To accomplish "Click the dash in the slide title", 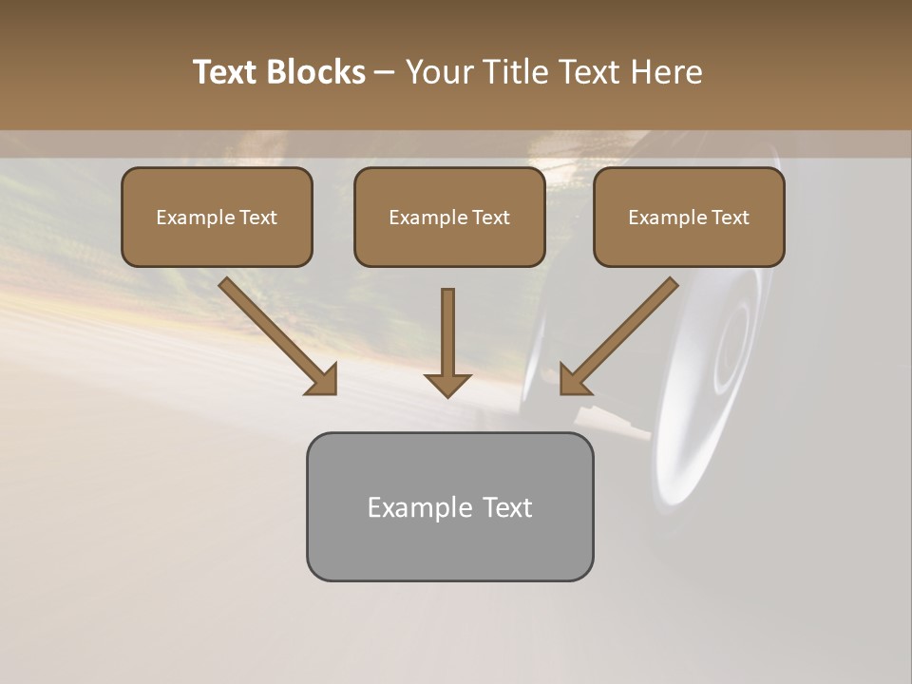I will (385, 73).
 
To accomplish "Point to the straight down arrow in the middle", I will (447, 332).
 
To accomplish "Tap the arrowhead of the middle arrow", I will (447, 384).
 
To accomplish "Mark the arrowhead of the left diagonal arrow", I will (323, 380).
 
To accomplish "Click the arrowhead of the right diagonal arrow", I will (574, 380).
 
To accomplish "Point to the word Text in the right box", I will (729, 218).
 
